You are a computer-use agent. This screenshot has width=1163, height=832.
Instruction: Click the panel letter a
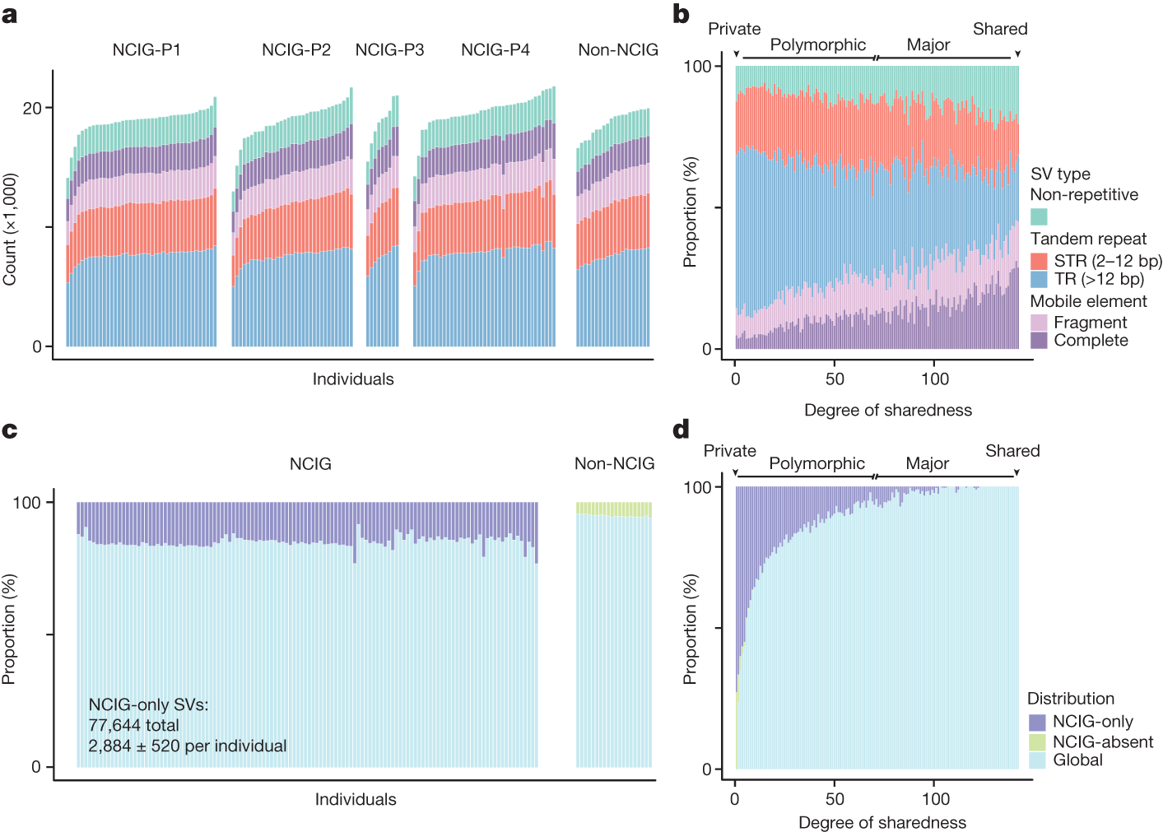9,15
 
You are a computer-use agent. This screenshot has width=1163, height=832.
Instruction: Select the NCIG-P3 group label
389,50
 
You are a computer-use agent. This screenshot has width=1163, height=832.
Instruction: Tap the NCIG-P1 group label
147,50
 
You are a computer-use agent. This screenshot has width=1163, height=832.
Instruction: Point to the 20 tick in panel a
32,109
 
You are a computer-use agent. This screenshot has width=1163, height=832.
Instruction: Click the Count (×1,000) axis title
10,230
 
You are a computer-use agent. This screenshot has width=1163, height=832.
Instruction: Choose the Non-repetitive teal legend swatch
1039,216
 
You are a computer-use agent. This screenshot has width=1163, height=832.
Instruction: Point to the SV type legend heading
1060,174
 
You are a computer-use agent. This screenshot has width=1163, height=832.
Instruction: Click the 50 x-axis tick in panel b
835,379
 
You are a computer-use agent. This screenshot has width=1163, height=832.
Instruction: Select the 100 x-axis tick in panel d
935,799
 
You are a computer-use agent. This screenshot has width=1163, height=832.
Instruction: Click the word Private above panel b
734,29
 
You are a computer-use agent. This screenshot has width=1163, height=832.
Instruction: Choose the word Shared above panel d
1012,451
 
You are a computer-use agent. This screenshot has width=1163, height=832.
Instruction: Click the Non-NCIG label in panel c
614,464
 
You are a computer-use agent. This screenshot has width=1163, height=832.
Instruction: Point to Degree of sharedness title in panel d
882,822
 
